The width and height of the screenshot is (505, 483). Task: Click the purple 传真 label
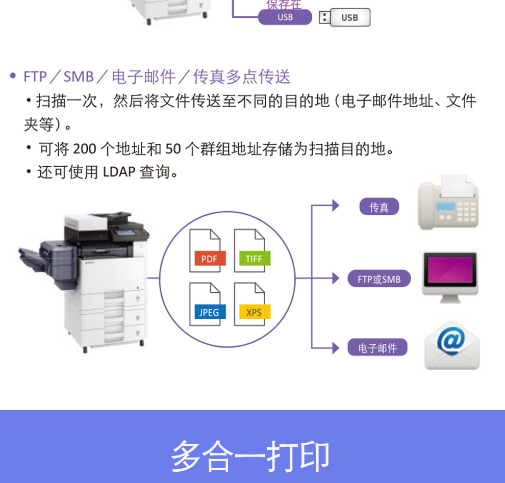point(379,207)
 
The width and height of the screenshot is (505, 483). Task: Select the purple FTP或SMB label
point(379,279)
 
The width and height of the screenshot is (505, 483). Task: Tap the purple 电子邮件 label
point(377,348)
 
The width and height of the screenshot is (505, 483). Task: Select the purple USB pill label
point(285,17)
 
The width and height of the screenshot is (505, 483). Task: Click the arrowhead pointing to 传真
point(335,206)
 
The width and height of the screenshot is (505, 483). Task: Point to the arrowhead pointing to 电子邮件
point(335,348)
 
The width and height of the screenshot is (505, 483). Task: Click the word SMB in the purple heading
point(79,77)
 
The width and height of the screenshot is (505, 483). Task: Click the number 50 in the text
point(173,149)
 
